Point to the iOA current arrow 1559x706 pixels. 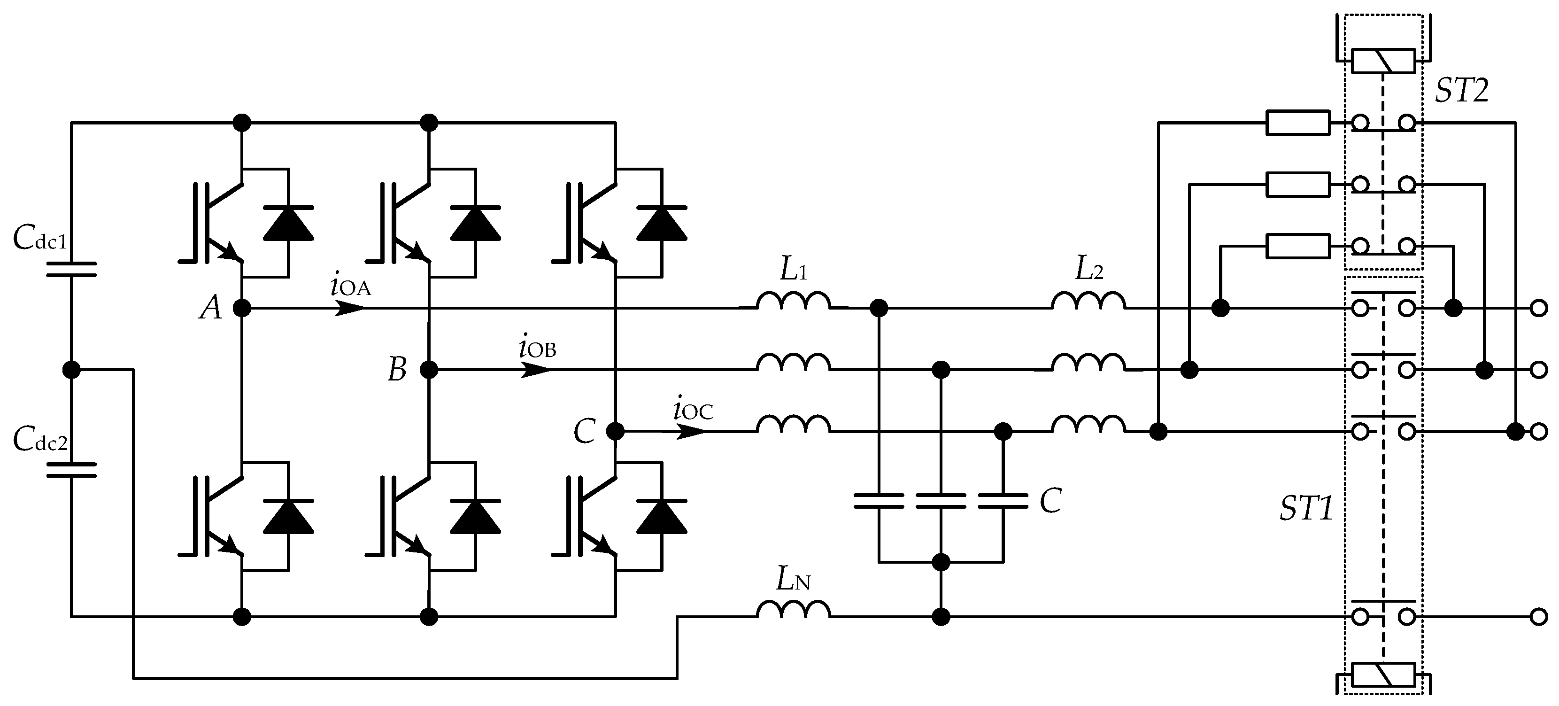pyautogui.click(x=350, y=308)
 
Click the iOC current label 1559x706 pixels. pyautogui.click(x=693, y=411)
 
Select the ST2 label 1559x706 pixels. pyautogui.click(x=1461, y=91)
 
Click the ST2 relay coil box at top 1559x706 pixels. pyautogui.click(x=1383, y=61)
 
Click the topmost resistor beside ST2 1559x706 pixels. pyautogui.click(x=1297, y=123)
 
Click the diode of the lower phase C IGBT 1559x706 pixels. pyautogui.click(x=662, y=517)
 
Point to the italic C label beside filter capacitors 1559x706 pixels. pyautogui.click(x=1050, y=501)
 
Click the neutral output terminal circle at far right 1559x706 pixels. pyautogui.click(x=1538, y=617)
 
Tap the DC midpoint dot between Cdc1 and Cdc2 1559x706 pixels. pyautogui.click(x=71, y=369)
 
